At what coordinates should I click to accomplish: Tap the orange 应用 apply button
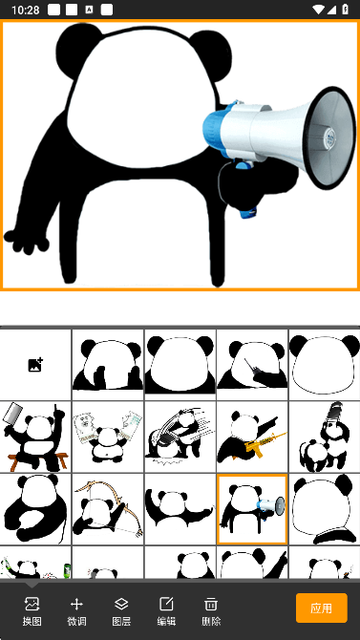click(x=322, y=608)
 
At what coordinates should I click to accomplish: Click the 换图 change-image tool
click(x=32, y=611)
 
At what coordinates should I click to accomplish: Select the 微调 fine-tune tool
click(x=76, y=611)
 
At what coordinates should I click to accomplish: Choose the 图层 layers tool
click(x=121, y=611)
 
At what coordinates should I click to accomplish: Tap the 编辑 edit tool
click(x=166, y=611)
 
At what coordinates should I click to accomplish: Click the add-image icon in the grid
click(x=35, y=365)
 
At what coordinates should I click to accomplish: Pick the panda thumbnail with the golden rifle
click(x=252, y=437)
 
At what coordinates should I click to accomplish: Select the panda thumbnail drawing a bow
click(x=108, y=509)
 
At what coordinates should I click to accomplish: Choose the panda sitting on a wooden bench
click(x=35, y=437)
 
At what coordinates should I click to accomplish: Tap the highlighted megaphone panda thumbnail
click(x=252, y=509)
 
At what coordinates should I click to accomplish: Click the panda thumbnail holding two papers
click(x=108, y=437)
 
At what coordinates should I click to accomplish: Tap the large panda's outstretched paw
click(x=26, y=242)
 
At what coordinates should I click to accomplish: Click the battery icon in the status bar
click(x=346, y=10)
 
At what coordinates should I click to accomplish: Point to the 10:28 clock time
click(x=26, y=10)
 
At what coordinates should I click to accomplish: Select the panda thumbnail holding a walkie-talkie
click(x=252, y=365)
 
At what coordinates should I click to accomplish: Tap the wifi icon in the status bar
click(x=318, y=10)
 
